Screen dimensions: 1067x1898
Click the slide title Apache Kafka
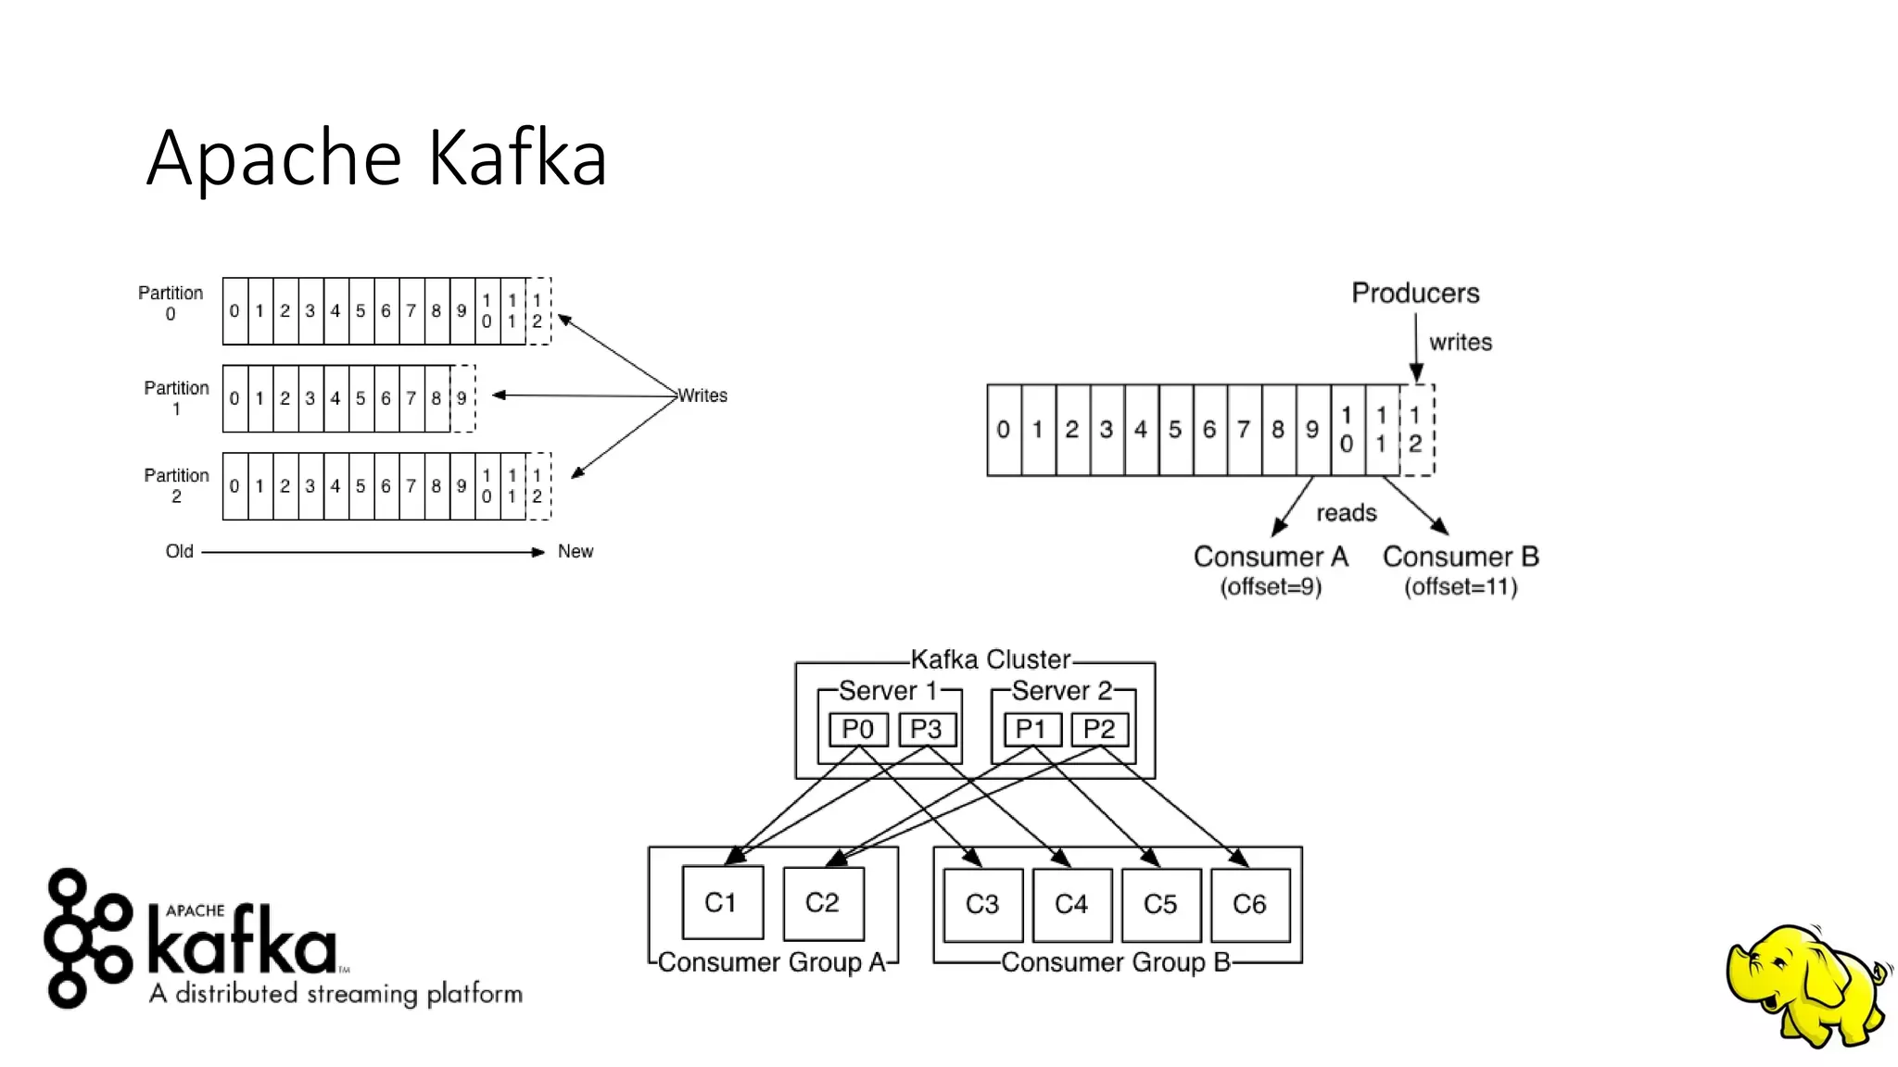pyautogui.click(x=376, y=157)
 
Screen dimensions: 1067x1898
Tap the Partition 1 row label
pyautogui.click(x=176, y=397)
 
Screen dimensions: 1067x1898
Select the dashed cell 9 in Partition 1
pyautogui.click(x=462, y=398)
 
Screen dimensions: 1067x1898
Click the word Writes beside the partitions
pyautogui.click(x=702, y=395)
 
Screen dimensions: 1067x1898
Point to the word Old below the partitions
pyautogui.click(x=179, y=552)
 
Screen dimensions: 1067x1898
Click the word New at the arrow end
pyautogui.click(x=575, y=552)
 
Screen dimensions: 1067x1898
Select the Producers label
pyautogui.click(x=1415, y=294)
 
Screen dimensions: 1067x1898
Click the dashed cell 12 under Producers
pyautogui.click(x=1415, y=430)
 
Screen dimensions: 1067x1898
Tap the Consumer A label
pyautogui.click(x=1271, y=557)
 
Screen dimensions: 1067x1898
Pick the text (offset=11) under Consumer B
pyautogui.click(x=1461, y=587)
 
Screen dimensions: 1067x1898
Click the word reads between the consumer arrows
pyautogui.click(x=1346, y=513)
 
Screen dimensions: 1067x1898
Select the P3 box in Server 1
pyautogui.click(x=926, y=730)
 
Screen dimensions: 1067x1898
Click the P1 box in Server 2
pyautogui.click(x=1031, y=730)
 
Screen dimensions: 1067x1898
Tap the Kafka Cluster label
pyautogui.click(x=990, y=659)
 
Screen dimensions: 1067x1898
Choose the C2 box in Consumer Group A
pyautogui.click(x=822, y=903)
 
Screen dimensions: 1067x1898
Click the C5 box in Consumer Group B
pyautogui.click(x=1160, y=904)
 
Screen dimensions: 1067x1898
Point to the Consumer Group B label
pyautogui.click(x=1116, y=962)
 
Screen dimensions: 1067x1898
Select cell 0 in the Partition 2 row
pyautogui.click(x=234, y=486)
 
